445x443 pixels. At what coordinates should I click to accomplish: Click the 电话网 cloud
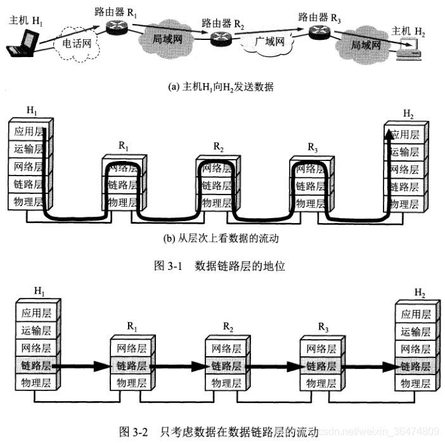pyautogui.click(x=77, y=44)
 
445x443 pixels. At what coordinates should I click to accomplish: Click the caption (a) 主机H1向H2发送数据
pyautogui.click(x=221, y=86)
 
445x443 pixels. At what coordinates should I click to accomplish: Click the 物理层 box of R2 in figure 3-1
pyautogui.click(x=216, y=204)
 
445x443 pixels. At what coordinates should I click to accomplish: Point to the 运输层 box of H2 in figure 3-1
pyautogui.click(x=405, y=152)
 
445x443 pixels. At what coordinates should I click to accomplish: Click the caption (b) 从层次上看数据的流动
pyautogui.click(x=221, y=239)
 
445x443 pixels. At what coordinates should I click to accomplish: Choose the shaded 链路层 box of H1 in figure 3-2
pyautogui.click(x=37, y=366)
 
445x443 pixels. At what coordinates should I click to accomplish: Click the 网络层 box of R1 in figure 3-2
pyautogui.click(x=131, y=349)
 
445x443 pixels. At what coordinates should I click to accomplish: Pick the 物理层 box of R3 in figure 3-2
pyautogui.click(x=319, y=383)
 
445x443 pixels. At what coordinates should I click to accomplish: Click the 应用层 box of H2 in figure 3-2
pyautogui.click(x=415, y=313)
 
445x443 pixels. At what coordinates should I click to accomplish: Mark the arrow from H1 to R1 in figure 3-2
pyautogui.click(x=83, y=366)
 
